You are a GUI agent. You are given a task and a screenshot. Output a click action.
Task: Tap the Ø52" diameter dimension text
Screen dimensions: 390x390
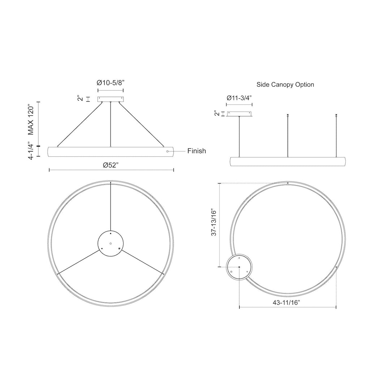(110, 165)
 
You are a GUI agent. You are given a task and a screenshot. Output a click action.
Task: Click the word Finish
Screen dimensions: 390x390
(196, 151)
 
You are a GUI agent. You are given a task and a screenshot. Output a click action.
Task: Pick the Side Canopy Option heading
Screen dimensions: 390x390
(285, 84)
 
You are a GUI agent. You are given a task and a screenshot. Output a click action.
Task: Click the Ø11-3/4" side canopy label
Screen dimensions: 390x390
(239, 98)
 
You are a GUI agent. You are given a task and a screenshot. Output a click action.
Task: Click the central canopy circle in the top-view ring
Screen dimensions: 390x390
(110, 243)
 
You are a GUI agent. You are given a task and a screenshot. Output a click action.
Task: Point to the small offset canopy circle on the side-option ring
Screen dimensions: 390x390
(239, 267)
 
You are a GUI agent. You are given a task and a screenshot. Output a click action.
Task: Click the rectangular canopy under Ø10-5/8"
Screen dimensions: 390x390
(110, 99)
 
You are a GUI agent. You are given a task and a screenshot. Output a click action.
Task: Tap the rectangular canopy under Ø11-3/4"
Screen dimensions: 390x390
(239, 114)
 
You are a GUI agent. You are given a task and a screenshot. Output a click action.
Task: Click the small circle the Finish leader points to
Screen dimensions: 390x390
(167, 151)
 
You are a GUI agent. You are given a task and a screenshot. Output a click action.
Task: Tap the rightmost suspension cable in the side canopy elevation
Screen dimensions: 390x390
(336, 136)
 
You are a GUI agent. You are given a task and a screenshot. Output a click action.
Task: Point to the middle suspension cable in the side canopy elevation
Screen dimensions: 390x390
(287, 136)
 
